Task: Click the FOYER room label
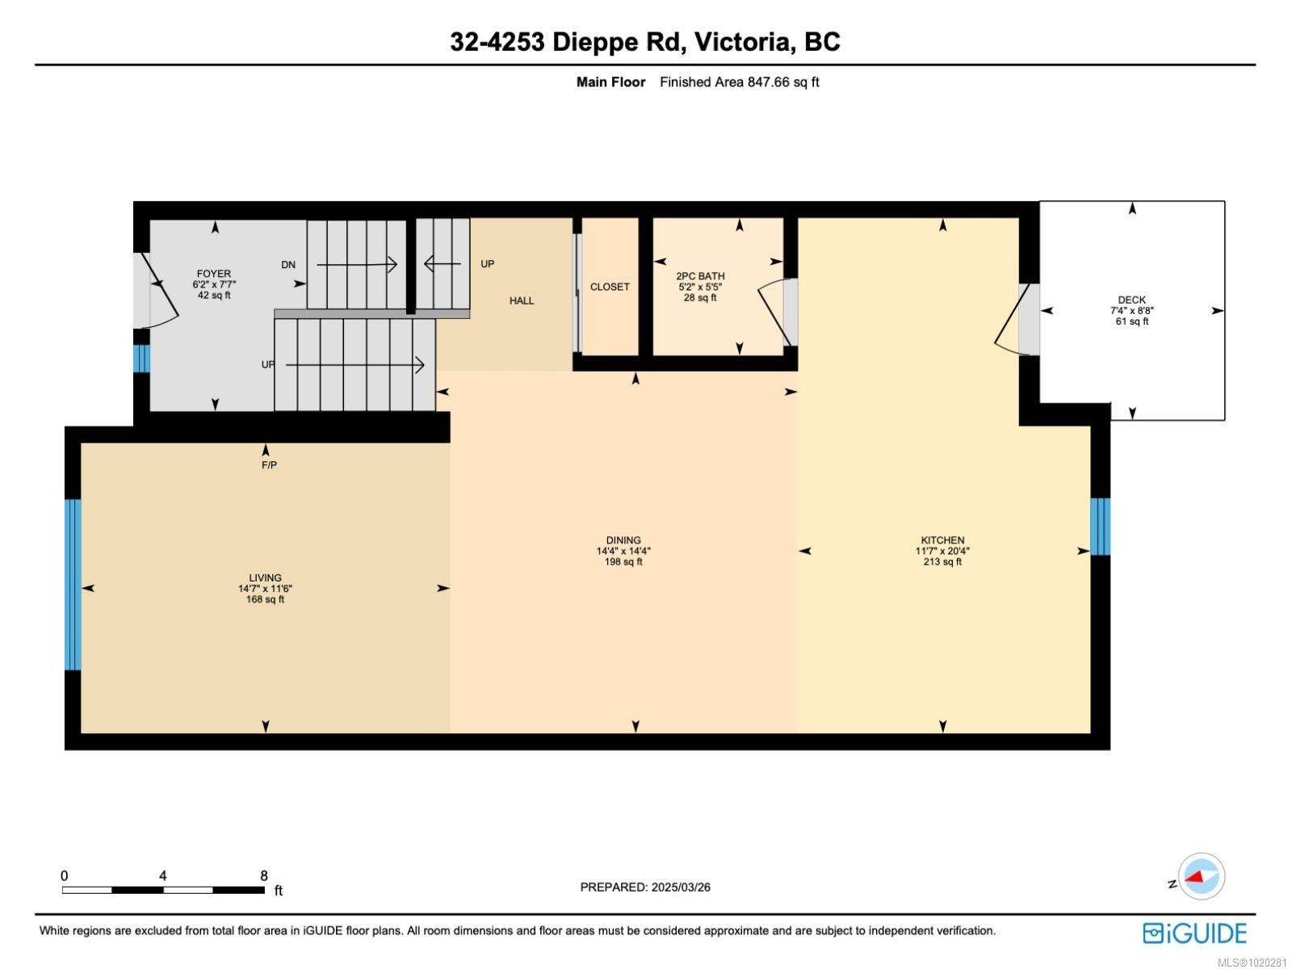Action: (x=214, y=274)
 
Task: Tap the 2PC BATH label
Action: (x=700, y=276)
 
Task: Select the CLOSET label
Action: (x=610, y=287)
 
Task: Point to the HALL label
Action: (x=522, y=300)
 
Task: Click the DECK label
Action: (x=1132, y=300)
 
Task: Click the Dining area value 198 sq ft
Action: (x=623, y=562)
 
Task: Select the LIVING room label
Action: (x=265, y=577)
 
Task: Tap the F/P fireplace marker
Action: (x=269, y=465)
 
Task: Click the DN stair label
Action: (x=288, y=265)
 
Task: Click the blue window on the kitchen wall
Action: (x=1100, y=526)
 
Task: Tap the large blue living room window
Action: (x=73, y=584)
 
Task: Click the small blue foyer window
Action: (x=141, y=359)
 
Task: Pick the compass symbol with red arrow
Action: (x=1201, y=876)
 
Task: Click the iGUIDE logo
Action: (x=1194, y=933)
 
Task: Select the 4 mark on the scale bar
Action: (x=163, y=875)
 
